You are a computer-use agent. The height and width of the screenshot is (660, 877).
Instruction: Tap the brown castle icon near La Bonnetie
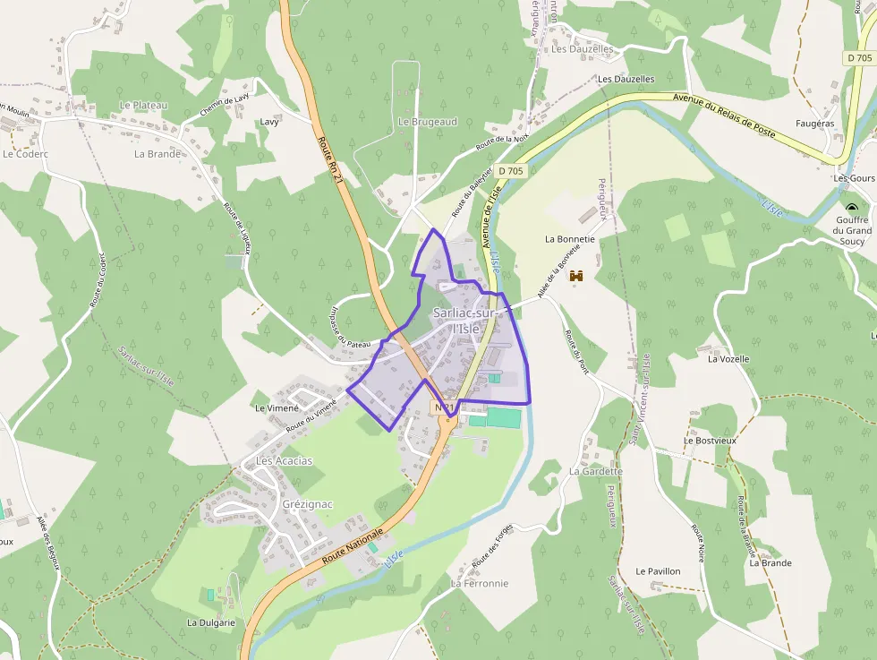(575, 277)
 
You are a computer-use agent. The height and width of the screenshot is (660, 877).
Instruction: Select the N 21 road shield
(446, 407)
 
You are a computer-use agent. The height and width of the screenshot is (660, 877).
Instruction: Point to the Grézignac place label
(307, 504)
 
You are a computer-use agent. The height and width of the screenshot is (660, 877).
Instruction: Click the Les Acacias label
(285, 461)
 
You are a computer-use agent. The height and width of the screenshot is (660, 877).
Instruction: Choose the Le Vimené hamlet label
(277, 407)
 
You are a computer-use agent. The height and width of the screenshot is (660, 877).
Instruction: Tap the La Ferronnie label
(480, 583)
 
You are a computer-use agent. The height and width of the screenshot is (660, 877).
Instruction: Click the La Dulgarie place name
(211, 622)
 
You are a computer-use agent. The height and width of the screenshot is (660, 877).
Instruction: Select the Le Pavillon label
(658, 570)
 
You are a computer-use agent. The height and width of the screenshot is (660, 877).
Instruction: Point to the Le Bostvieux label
(710, 441)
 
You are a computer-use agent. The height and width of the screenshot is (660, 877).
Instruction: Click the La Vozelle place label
(728, 359)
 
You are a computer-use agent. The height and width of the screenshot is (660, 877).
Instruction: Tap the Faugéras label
(814, 123)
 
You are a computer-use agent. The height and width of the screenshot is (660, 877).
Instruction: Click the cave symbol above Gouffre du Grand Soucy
(850, 208)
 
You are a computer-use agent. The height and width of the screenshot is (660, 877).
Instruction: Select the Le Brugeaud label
(428, 121)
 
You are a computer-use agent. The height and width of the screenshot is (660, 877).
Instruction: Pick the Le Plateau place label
(144, 105)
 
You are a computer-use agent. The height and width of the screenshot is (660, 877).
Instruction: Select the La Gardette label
(595, 471)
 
